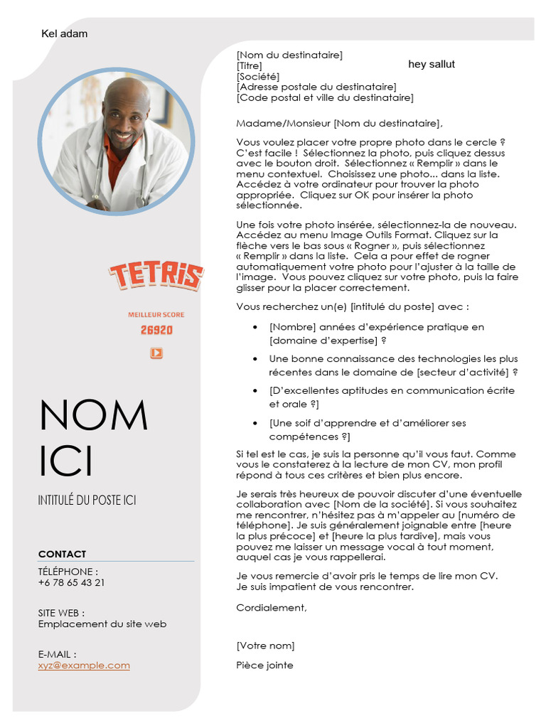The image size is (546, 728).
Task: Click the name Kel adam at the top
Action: tap(65, 33)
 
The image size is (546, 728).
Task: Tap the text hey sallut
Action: tap(432, 64)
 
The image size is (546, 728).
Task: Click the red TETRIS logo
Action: tap(156, 275)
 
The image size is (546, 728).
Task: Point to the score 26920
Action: tap(156, 330)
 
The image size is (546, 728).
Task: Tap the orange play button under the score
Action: tap(156, 353)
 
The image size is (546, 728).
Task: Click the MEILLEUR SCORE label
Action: tap(156, 314)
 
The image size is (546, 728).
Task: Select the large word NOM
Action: tap(93, 415)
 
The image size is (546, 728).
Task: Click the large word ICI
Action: tap(66, 461)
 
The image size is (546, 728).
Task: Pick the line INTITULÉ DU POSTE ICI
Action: tap(87, 500)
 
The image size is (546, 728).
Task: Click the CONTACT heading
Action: tap(62, 554)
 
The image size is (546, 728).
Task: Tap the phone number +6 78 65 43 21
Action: tap(71, 582)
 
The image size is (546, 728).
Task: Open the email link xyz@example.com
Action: tap(84, 665)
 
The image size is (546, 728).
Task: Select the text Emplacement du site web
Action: tap(102, 623)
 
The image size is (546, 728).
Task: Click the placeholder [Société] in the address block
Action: tap(257, 76)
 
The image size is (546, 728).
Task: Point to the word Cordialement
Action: tap(272, 607)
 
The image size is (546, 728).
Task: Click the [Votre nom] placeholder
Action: tap(265, 646)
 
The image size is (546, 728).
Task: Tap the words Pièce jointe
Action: tap(264, 665)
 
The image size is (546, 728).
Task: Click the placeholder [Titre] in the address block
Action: tap(249, 65)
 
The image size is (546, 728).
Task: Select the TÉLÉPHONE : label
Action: tap(68, 572)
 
